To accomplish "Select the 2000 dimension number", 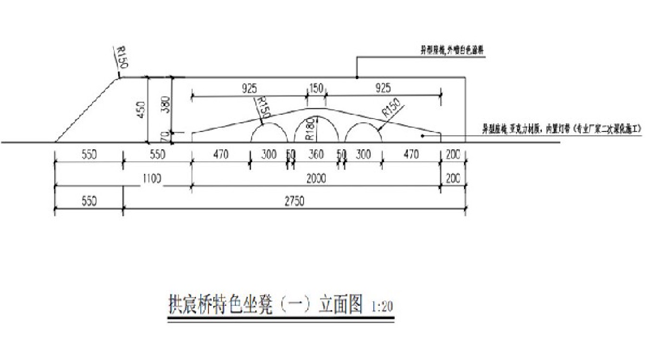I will tap(316, 179).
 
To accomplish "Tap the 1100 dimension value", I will tap(152, 179).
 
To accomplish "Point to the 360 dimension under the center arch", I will tap(316, 155).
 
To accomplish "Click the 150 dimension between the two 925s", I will tap(317, 88).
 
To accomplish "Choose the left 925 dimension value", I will tap(249, 88).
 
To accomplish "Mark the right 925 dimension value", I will tap(383, 88).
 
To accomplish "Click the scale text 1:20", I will tap(382, 306).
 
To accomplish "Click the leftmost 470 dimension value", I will tap(221, 155).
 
